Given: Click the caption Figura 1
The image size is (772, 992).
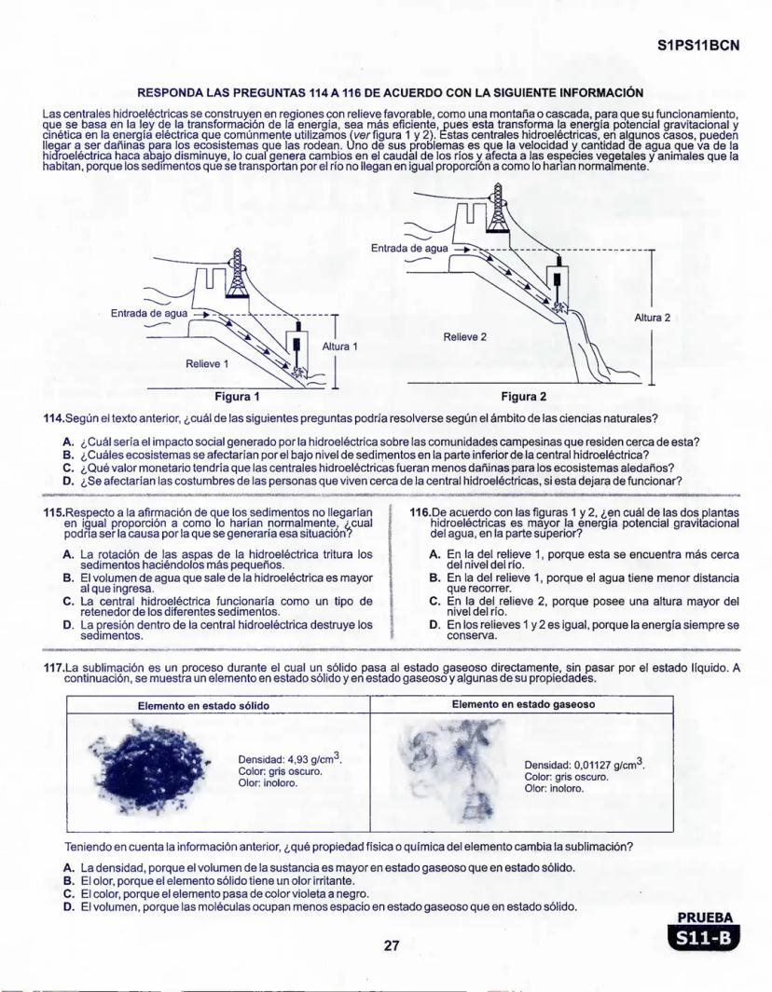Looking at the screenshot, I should coord(237,396).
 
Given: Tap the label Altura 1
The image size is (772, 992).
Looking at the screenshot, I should coord(340,347).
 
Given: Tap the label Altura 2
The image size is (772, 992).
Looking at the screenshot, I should coord(653,318).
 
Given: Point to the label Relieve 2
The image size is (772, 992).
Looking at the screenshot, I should coord(465,336).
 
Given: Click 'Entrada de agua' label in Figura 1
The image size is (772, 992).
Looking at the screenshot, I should coord(149,313).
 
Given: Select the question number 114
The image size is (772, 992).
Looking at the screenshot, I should coord(54,417).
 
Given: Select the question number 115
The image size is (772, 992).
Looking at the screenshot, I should coord(54,512).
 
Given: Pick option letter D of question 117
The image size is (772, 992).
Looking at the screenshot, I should coord(68,906).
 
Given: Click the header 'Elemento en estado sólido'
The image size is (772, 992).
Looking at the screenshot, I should coord(204,706).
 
